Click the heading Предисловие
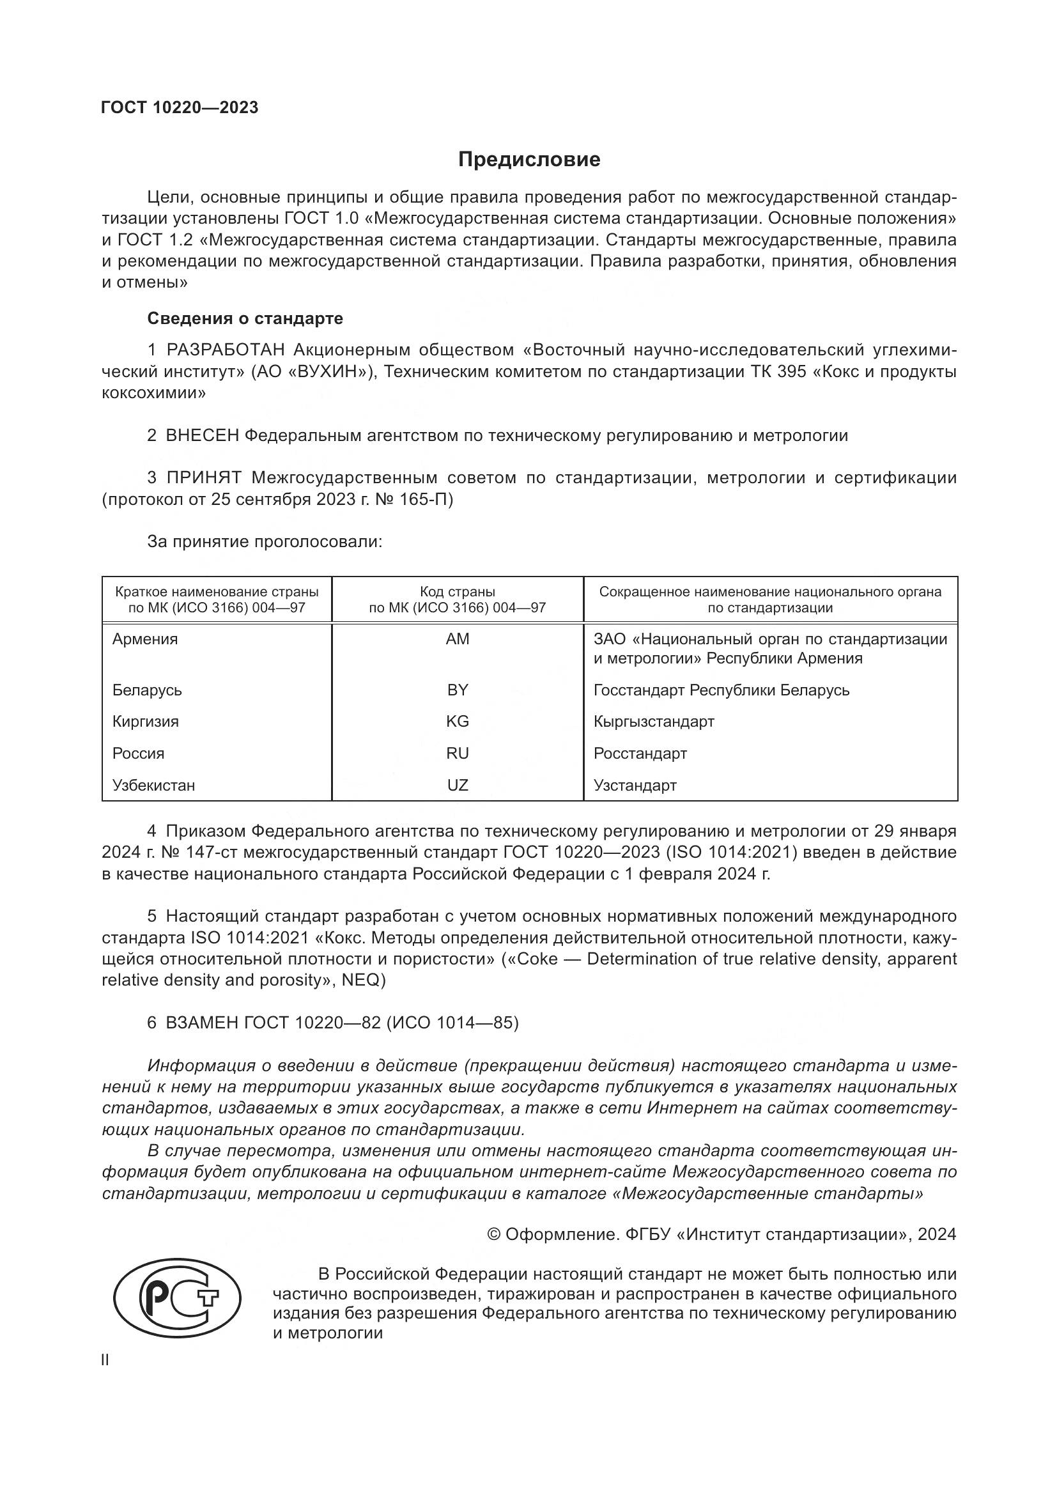coord(528,160)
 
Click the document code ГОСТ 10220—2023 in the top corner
coord(180,108)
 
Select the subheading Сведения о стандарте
coord(245,318)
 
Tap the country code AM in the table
coord(457,639)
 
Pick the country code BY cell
coord(457,690)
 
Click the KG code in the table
coord(457,722)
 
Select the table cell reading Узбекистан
coord(153,786)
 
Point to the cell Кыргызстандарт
coord(654,722)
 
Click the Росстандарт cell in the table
coord(640,754)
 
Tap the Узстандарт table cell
coord(635,786)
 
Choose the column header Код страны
coord(457,592)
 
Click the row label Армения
coord(144,639)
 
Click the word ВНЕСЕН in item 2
coord(203,436)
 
